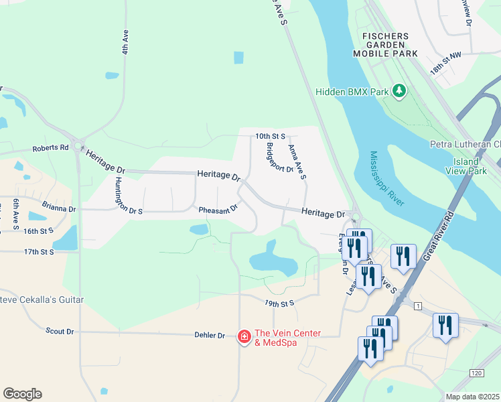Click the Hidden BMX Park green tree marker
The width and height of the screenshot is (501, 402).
tap(399, 90)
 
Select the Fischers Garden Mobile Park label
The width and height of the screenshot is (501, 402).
tap(389, 44)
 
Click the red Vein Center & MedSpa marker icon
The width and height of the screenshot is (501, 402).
tap(245, 336)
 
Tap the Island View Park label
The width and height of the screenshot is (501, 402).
tap(465, 166)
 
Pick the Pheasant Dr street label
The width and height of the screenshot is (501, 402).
tap(218, 210)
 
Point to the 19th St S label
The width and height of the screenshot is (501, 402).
tap(279, 303)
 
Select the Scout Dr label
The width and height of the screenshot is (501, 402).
tap(60, 331)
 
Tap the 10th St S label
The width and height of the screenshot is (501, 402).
tap(270, 136)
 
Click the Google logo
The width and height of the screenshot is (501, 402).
tap(22, 394)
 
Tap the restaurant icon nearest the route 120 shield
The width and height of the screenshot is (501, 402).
tap(445, 326)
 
